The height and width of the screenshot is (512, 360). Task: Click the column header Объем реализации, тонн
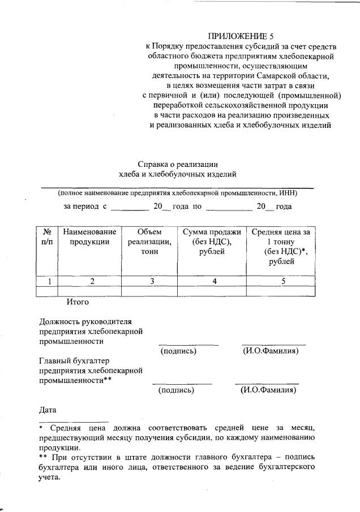point(149,242)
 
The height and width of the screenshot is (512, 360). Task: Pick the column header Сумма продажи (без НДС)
point(212,242)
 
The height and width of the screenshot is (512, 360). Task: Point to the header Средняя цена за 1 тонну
point(281,247)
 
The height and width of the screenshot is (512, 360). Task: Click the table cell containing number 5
point(282,281)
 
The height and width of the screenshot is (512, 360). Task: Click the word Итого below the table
point(78,302)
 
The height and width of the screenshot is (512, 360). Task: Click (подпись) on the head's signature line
point(179,351)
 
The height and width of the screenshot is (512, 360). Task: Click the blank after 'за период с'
point(129,207)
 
